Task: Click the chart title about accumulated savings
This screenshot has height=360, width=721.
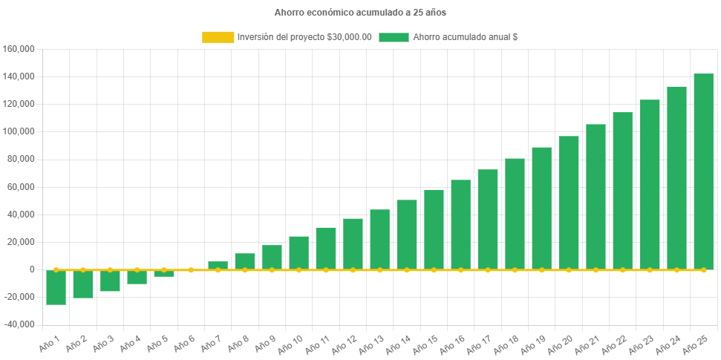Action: click(360, 13)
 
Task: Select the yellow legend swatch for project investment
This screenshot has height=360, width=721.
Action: click(217, 37)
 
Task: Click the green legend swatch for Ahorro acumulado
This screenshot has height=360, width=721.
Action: click(394, 37)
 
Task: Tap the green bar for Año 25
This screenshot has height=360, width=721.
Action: click(703, 171)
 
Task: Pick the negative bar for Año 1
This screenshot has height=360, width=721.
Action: click(56, 287)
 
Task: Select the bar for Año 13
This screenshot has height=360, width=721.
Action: click(379, 239)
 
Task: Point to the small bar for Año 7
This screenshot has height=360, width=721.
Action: click(218, 265)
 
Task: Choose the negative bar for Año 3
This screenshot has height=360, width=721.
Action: click(110, 281)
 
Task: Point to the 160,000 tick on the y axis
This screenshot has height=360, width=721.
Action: click(20, 49)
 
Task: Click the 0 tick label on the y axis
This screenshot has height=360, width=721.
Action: click(32, 269)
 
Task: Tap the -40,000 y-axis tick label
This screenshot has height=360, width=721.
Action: click(20, 324)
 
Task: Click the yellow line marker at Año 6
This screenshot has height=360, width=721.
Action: click(191, 269)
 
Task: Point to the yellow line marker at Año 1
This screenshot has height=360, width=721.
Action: click(56, 269)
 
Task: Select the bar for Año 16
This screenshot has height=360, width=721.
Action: click(460, 224)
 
